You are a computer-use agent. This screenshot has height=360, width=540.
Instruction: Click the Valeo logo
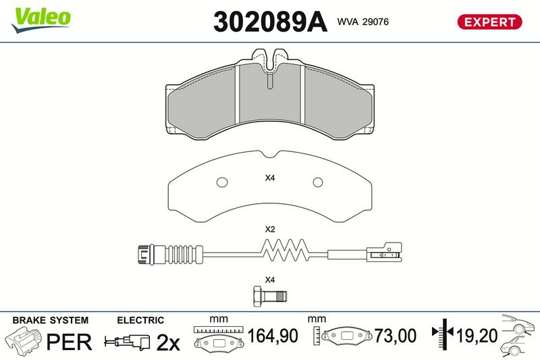pyautogui.click(x=40, y=16)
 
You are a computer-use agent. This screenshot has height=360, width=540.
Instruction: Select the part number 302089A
pyautogui.click(x=269, y=22)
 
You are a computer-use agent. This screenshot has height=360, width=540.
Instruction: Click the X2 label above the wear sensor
pyautogui.click(x=270, y=230)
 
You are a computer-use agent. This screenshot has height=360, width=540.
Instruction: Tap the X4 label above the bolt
pyautogui.click(x=270, y=280)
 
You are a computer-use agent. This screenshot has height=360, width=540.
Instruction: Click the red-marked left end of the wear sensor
pyautogui.click(x=144, y=255)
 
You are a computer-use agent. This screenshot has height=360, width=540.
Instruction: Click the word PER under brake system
pyautogui.click(x=68, y=342)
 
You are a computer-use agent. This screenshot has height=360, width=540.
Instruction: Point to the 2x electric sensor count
pyautogui.click(x=167, y=342)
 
